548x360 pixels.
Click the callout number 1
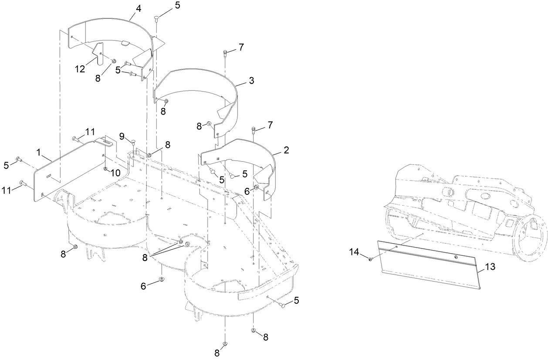[38, 153]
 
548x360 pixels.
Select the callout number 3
[251, 81]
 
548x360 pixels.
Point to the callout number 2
[286, 150]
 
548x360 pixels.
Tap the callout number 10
[115, 173]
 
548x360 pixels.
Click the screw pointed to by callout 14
[370, 259]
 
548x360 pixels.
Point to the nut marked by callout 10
[105, 168]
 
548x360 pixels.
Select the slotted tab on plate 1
[107, 142]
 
